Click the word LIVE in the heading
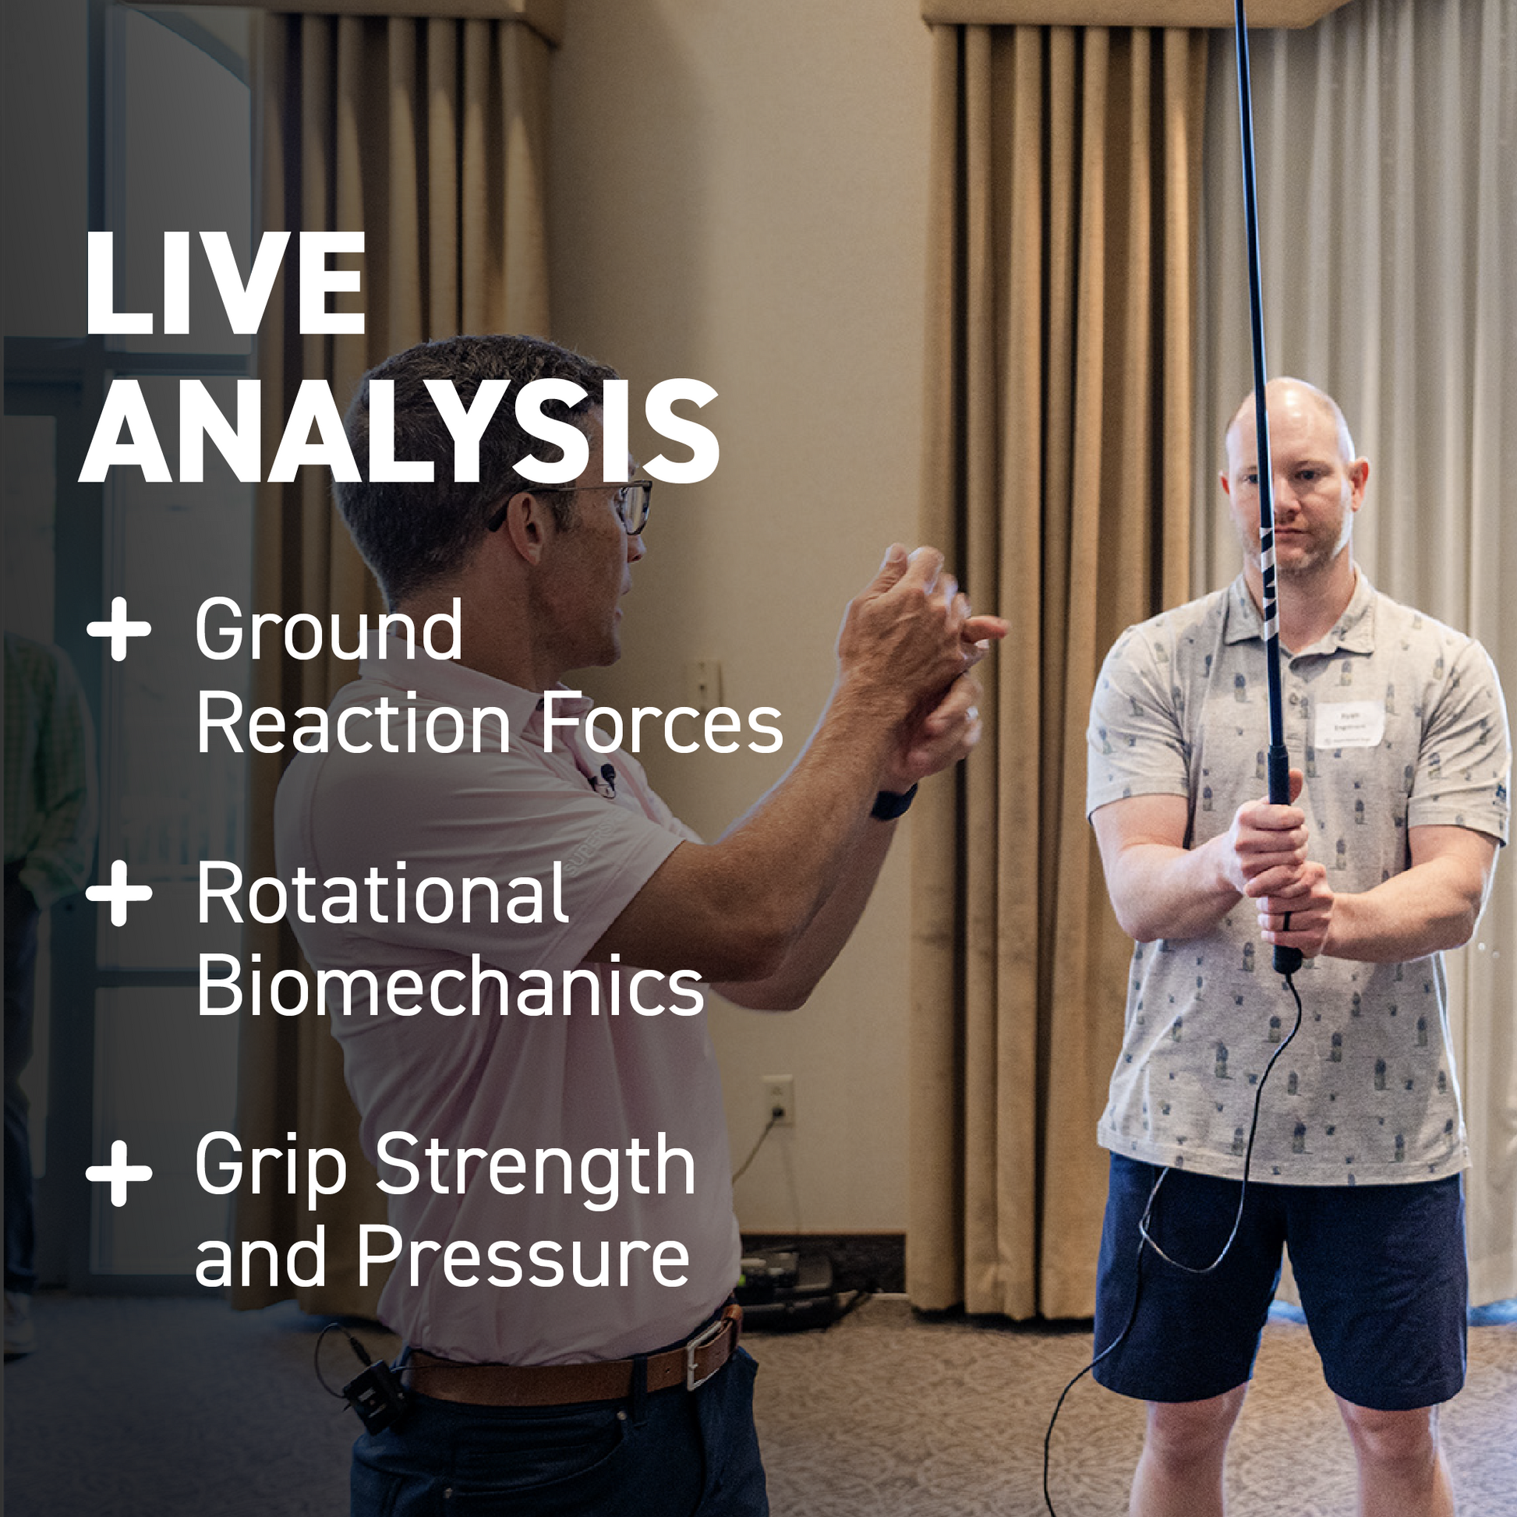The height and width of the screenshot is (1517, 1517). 225,284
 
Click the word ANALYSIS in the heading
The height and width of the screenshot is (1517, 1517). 399,432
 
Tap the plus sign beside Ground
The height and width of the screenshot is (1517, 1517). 118,628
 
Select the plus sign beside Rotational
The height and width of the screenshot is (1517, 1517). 118,893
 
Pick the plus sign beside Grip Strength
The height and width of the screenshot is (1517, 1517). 118,1174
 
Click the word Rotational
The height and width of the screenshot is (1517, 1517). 382,894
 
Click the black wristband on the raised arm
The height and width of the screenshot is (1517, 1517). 893,801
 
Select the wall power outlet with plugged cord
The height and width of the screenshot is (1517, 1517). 777,1099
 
